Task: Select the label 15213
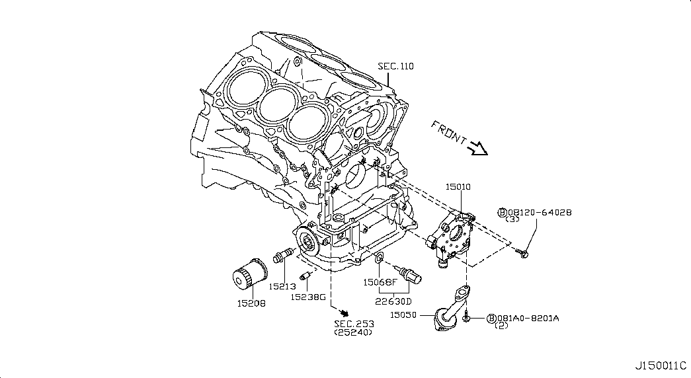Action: [282, 286]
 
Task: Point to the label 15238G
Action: [309, 297]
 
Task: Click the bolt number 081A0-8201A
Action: [528, 318]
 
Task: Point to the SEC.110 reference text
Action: [395, 66]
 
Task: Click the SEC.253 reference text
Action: [354, 323]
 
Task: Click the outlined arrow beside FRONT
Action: [477, 149]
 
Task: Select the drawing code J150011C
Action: [661, 365]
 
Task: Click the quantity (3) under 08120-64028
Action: [513, 220]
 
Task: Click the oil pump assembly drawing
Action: [452, 239]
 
